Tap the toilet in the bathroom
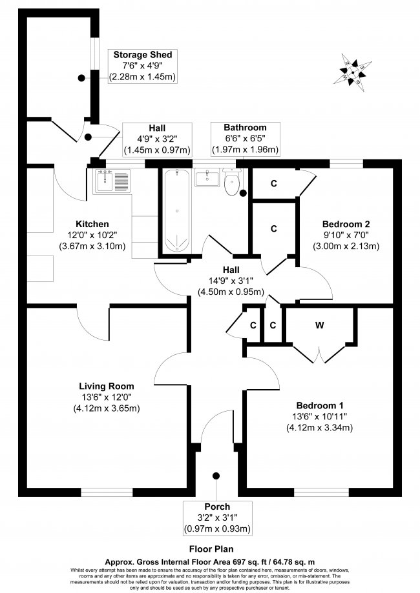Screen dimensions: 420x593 pyautogui.click(x=232, y=182)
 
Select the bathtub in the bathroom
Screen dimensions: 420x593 pyautogui.click(x=177, y=210)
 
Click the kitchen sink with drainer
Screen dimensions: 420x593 pyautogui.click(x=112, y=181)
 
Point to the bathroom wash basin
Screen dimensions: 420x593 pyautogui.click(x=207, y=177)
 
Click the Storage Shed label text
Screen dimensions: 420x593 pyautogui.click(x=143, y=55)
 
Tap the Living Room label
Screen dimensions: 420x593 pyautogui.click(x=107, y=386)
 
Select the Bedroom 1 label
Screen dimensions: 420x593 pyautogui.click(x=320, y=405)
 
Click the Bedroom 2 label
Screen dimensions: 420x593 pyautogui.click(x=346, y=223)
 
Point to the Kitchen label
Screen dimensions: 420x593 pyautogui.click(x=92, y=224)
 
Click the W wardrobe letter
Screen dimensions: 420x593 pyautogui.click(x=320, y=325)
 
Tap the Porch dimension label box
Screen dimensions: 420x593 pyautogui.click(x=217, y=518)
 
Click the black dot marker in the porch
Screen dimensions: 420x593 pyautogui.click(x=216, y=476)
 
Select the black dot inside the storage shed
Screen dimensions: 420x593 pyautogui.click(x=81, y=78)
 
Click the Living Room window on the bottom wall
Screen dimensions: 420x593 pyautogui.click(x=107, y=492)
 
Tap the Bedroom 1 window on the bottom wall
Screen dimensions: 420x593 pyautogui.click(x=322, y=492)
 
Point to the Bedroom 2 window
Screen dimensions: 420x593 pyautogui.click(x=346, y=164)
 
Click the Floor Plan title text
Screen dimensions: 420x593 pyautogui.click(x=211, y=548)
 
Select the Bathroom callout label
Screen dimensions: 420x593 pyautogui.click(x=246, y=139)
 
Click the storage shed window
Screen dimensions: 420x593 pyautogui.click(x=94, y=54)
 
